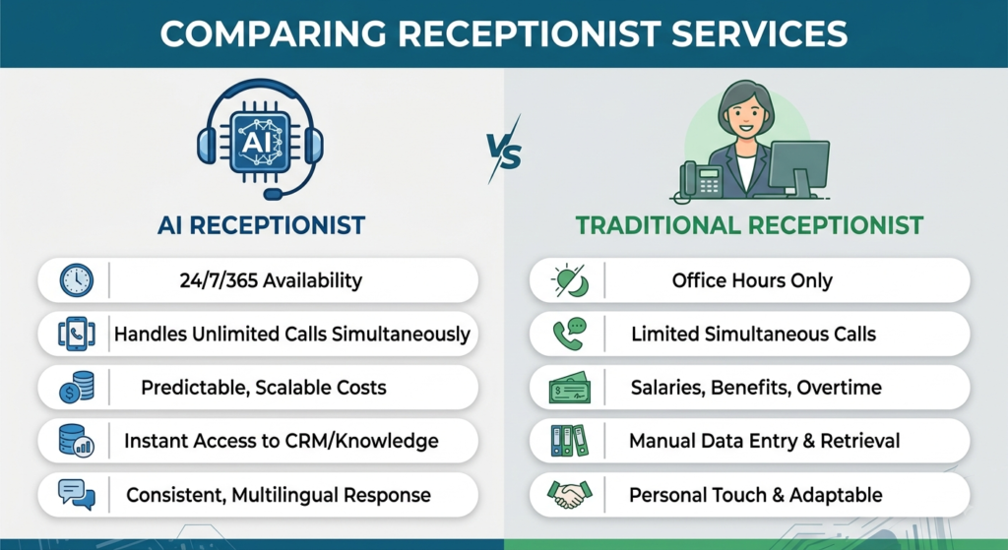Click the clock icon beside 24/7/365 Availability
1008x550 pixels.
point(77,280)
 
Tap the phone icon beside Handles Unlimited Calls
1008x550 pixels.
point(77,335)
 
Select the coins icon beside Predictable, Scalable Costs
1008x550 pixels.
point(77,388)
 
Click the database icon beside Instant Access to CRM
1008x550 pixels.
point(77,441)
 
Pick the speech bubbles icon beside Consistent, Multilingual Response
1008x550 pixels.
point(77,495)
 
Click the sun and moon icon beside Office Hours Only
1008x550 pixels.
point(570,280)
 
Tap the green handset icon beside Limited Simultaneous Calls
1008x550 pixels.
point(570,335)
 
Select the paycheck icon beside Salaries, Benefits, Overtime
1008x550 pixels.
point(570,388)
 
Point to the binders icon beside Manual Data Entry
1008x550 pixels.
point(570,441)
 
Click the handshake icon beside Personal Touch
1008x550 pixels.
point(570,495)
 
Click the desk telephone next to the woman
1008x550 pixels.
point(701,181)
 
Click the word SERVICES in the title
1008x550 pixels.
point(759,33)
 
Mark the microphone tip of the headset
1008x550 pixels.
point(273,193)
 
